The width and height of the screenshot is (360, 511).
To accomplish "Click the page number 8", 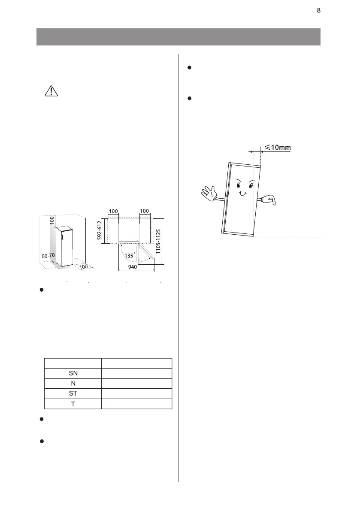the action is point(318,10).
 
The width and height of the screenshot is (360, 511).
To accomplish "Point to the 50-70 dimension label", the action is point(48,255).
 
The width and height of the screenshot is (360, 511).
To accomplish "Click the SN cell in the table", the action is point(73,373).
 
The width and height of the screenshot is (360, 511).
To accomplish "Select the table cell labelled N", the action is point(73,384).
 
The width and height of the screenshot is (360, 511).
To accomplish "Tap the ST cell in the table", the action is point(73,394).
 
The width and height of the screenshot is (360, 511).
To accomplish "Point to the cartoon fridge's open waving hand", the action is point(209,194).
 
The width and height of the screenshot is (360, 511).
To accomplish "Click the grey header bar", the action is point(178,37).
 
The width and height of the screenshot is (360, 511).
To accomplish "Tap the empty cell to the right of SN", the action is point(136,373).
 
